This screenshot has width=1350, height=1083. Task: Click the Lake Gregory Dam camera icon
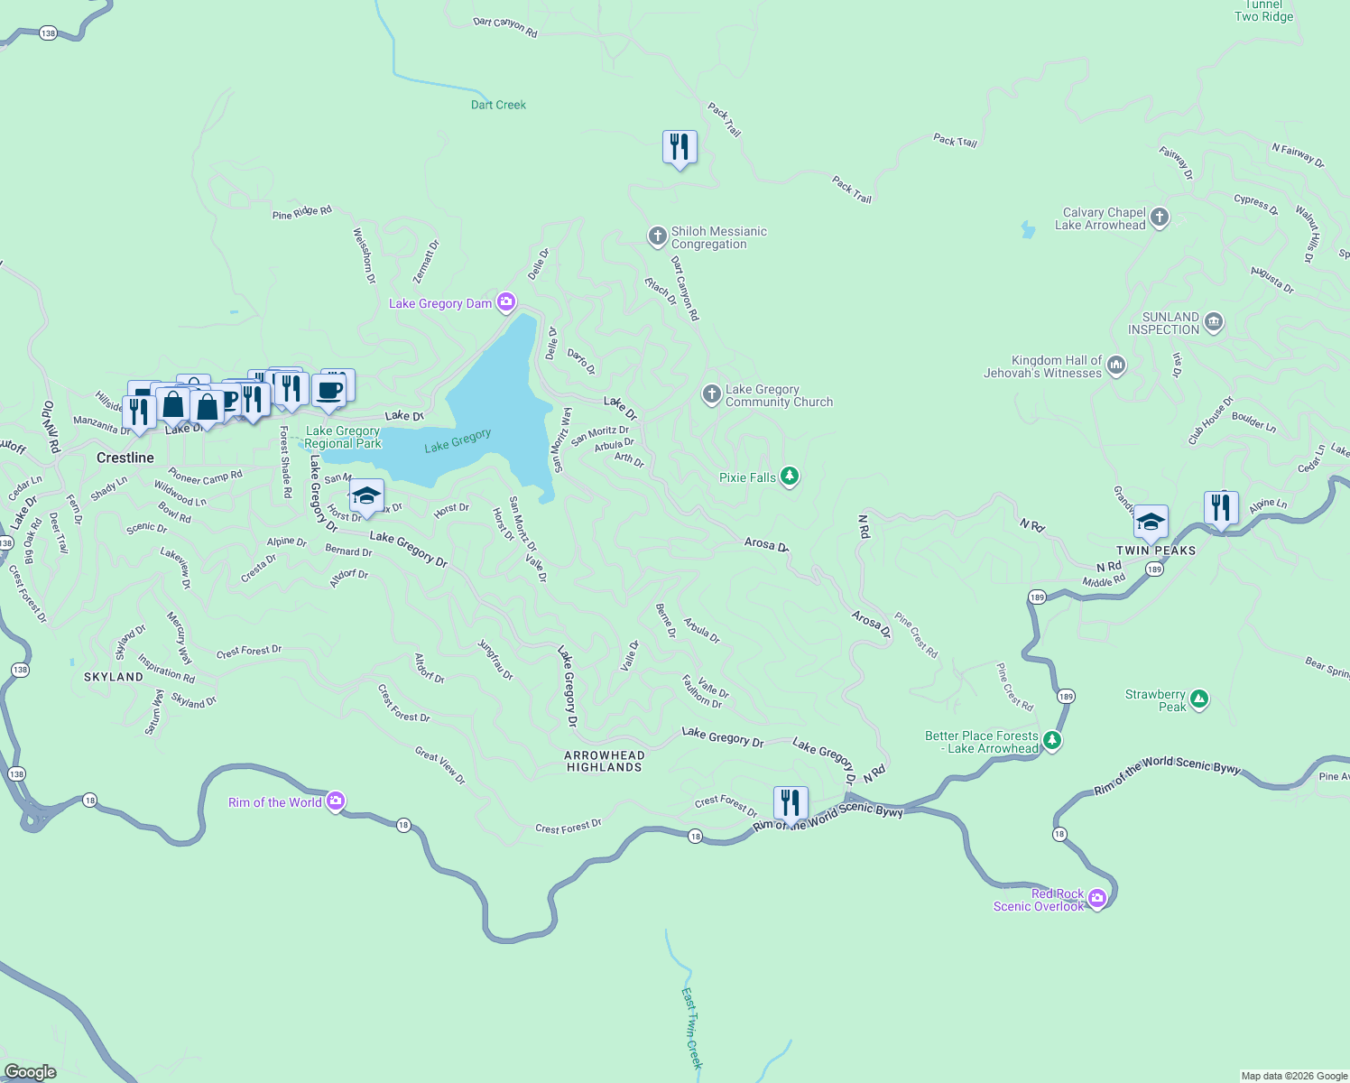coord(507,302)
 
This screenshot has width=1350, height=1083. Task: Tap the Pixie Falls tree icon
coord(790,477)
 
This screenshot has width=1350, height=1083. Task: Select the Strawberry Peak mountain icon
coord(1199,699)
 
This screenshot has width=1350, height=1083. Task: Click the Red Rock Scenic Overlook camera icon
coord(1097,898)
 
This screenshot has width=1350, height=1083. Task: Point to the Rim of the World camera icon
coord(336,801)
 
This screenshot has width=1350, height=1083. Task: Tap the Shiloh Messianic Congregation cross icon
coord(657,236)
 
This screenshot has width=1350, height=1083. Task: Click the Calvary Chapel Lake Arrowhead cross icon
coord(1160,218)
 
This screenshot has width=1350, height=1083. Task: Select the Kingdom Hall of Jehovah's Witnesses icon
coord(1116,366)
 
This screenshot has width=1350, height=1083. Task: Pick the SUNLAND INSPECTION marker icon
coord(1214,322)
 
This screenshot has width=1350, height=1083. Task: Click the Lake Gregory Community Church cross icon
coord(712,394)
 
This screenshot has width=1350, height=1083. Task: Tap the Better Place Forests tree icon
coord(1052,741)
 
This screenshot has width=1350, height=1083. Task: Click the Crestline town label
coord(125,458)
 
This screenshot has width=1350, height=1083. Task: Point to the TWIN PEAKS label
coord(1156,551)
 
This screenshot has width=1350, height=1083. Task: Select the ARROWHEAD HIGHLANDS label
coord(604,761)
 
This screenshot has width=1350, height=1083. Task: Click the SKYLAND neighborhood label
coord(114,677)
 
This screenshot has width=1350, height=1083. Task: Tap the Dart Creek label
coord(498,105)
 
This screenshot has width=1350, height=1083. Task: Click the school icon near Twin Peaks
coord(1151,522)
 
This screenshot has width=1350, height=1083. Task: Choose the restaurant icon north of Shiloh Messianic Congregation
coord(680,147)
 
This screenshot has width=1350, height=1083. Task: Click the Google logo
coord(31,1072)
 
